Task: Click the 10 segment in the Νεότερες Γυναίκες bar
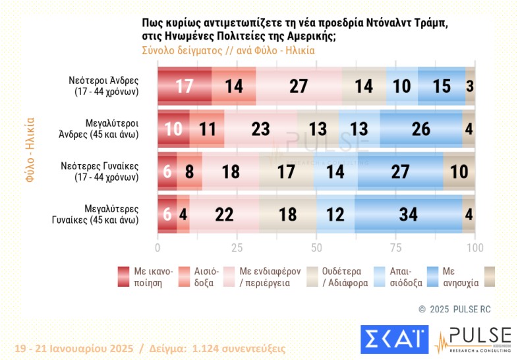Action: (459, 172)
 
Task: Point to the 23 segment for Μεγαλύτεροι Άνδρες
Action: (260, 128)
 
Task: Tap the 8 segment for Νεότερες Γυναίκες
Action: (190, 172)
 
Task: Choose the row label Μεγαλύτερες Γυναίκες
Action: (106, 214)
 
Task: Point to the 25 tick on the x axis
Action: (237, 247)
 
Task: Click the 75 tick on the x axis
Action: (395, 247)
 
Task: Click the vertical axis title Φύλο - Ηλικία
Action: (30, 150)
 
